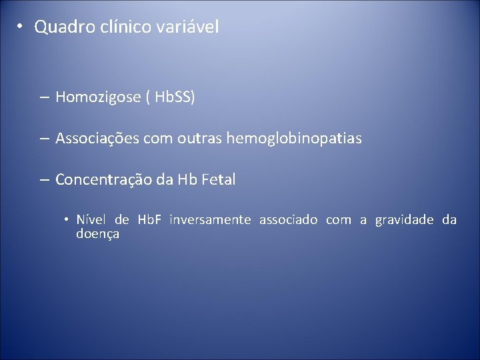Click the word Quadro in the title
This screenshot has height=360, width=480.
(61, 27)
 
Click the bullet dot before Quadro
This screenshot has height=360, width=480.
(21, 27)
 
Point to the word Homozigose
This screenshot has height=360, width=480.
(98, 98)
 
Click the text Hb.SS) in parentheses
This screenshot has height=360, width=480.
(175, 98)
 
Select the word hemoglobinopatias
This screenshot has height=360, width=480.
(294, 139)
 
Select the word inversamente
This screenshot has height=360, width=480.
(210, 220)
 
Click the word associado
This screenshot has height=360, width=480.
(288, 220)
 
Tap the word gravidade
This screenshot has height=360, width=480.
(404, 220)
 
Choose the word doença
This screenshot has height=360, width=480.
(97, 234)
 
